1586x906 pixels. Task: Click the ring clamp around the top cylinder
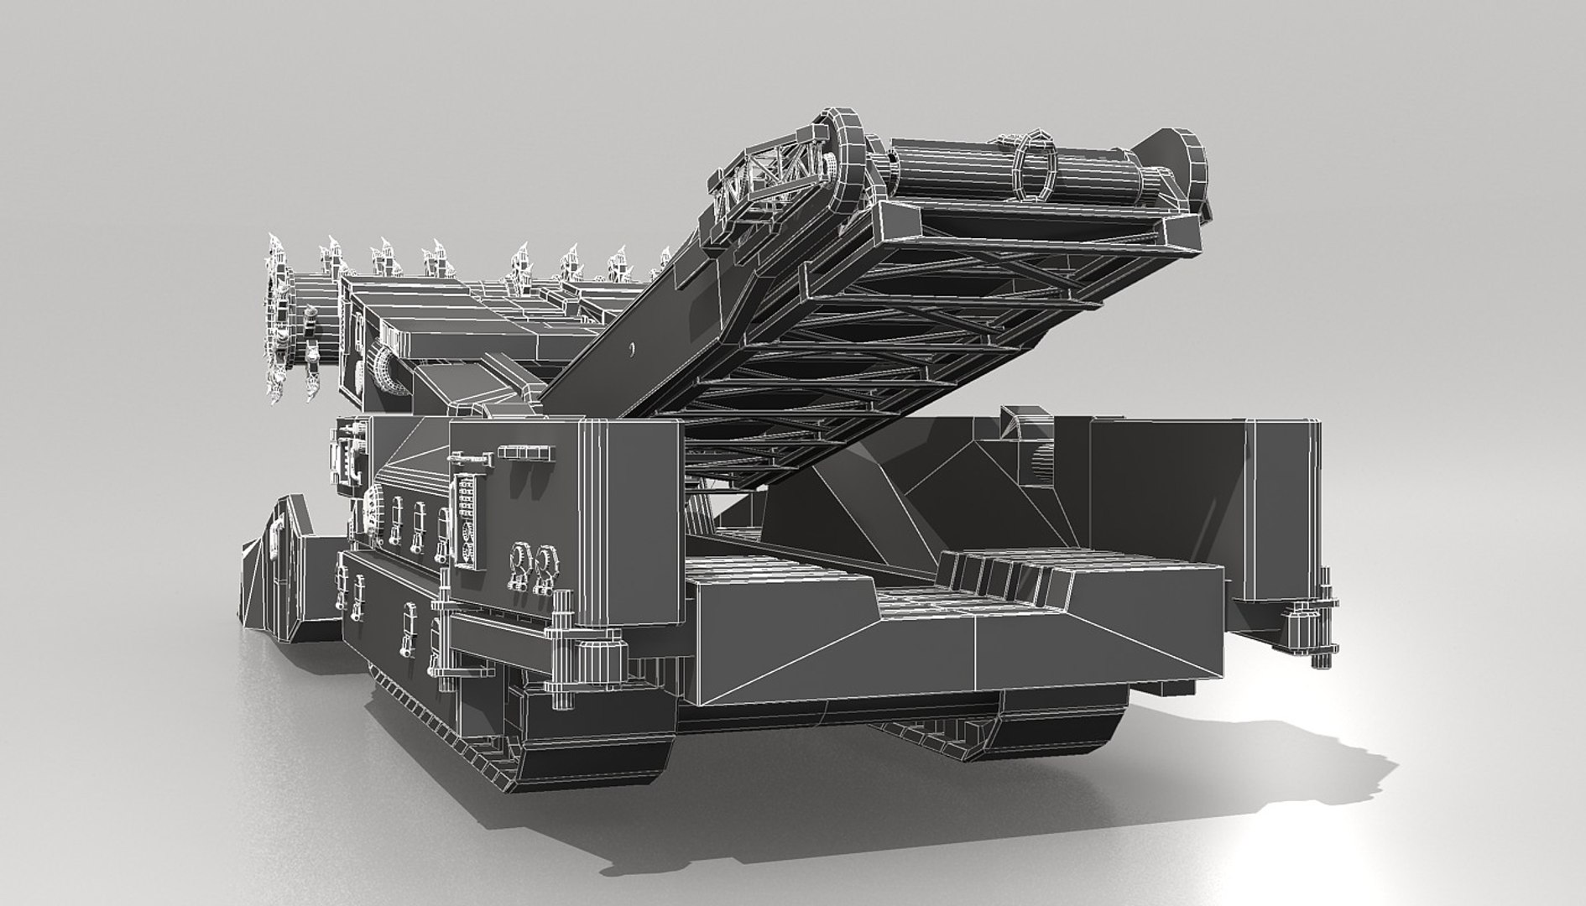coord(1035,167)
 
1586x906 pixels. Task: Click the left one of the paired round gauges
coord(520,558)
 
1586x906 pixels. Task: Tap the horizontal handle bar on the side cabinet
coord(526,453)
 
